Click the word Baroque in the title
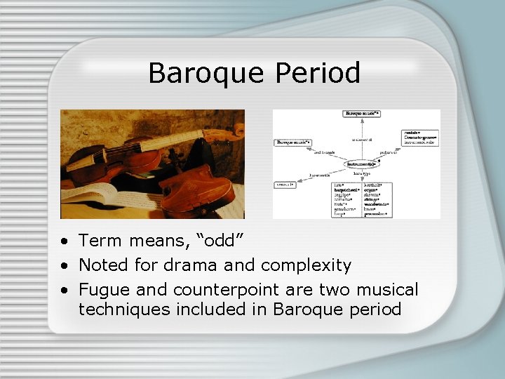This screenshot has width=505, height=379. point(202,73)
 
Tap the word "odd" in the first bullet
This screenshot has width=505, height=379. point(224,241)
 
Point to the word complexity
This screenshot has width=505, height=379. point(306,265)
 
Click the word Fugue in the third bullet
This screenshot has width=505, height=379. point(100,289)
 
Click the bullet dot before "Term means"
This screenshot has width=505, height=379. point(65,241)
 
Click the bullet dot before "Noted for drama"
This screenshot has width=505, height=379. point(65,265)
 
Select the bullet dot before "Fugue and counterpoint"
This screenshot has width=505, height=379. point(65,289)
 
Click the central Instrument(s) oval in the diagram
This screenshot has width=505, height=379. point(362,164)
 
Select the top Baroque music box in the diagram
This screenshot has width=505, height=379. point(362,113)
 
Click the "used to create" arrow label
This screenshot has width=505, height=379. point(324,152)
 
